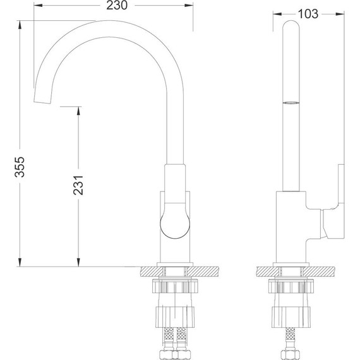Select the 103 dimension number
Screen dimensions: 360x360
pyautogui.click(x=307, y=14)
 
